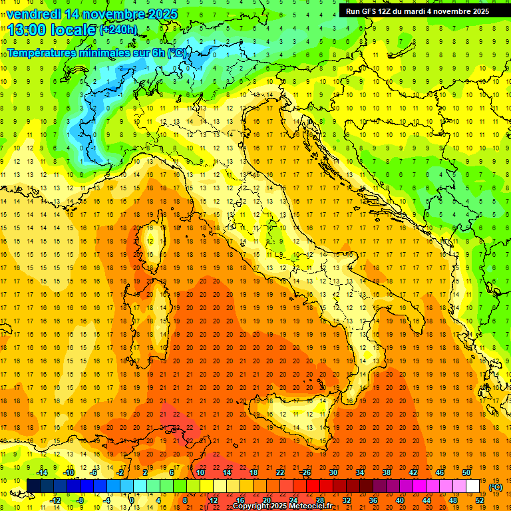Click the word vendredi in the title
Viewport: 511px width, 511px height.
tap(33, 14)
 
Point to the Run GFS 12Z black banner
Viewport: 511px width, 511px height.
tap(417, 11)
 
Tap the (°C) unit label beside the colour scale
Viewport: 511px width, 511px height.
tap(496, 487)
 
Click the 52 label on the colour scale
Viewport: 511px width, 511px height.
tap(480, 500)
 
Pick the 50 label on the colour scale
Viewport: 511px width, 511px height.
tap(466, 472)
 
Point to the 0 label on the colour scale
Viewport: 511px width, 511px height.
tap(132, 500)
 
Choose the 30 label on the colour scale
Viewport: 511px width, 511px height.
tap(333, 472)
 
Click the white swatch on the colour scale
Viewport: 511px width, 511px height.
tap(472, 486)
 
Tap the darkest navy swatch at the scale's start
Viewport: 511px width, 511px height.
tap(33, 486)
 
